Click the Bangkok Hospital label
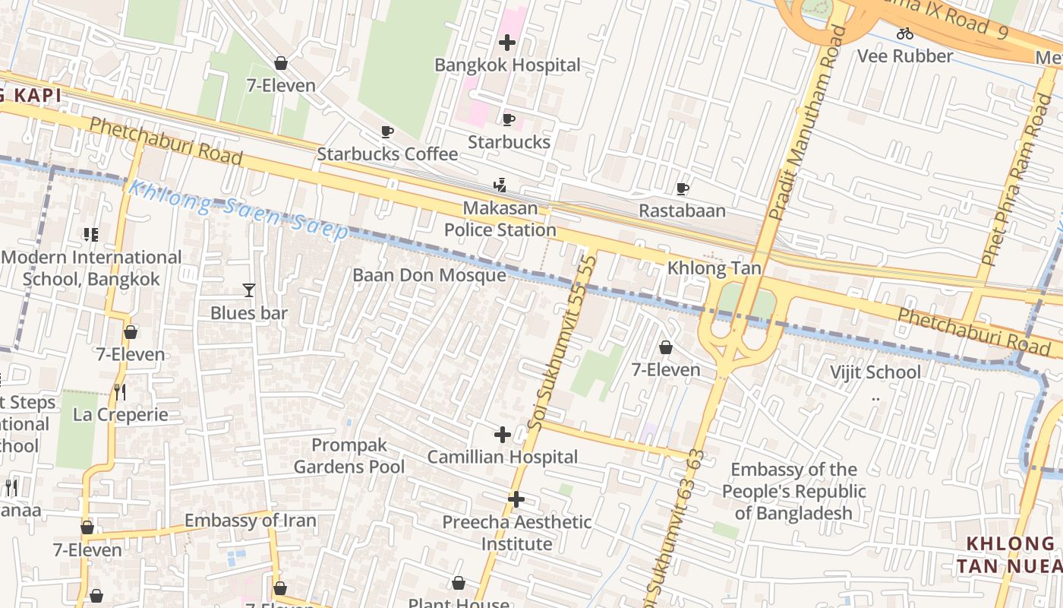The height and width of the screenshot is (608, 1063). (507, 65)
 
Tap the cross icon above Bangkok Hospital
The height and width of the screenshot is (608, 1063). (507, 43)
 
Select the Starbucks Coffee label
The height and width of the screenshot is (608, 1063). (387, 154)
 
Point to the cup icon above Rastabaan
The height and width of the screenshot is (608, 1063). (682, 188)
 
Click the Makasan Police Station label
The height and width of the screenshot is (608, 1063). (500, 219)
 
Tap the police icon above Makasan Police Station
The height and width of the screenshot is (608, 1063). (500, 185)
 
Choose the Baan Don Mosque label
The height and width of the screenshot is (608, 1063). (429, 275)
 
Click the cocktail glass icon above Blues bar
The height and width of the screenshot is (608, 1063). (248, 290)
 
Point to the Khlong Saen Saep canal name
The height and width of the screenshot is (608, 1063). (238, 209)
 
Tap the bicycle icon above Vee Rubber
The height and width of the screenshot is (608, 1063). (904, 33)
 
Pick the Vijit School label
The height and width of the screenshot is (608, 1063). (875, 372)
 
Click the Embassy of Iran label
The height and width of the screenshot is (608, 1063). (250, 521)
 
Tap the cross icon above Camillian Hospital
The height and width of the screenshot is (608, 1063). (502, 435)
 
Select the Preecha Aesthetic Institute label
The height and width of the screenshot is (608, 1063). (516, 533)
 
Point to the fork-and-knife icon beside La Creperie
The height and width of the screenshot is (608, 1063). (119, 392)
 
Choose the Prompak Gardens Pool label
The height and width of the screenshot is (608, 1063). (349, 455)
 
